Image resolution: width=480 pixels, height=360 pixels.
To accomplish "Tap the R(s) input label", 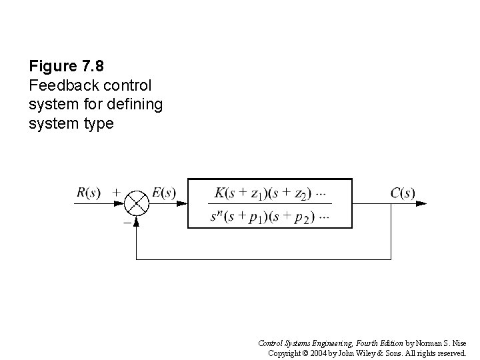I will pos(89,193).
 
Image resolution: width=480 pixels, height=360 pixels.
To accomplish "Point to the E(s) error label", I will pos(164,193).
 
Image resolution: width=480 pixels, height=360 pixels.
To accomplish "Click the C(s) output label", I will pos(403,193).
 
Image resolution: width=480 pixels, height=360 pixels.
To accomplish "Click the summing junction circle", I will pos(137,203).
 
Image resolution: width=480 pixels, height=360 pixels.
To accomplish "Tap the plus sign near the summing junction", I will pos(117,192).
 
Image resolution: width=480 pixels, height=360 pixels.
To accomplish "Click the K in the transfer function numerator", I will pos(219,193).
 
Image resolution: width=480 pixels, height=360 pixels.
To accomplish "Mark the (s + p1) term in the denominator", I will pos(247,216).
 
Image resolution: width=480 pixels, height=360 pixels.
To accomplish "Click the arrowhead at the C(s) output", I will pos(423,203).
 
